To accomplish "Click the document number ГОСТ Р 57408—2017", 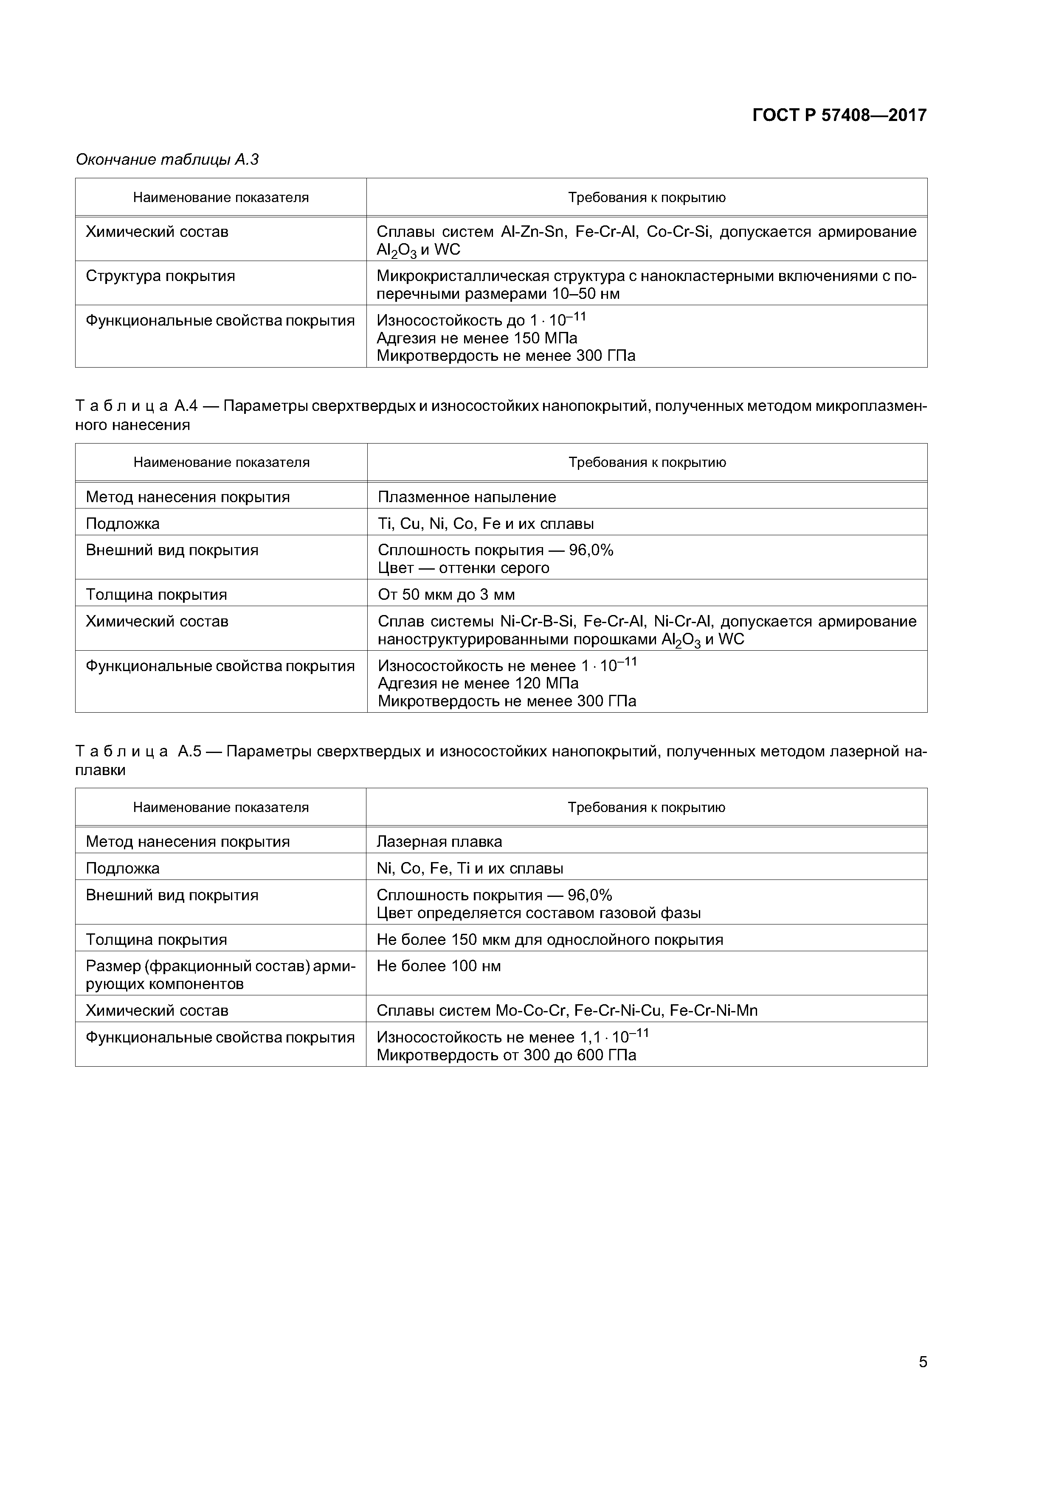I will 839,115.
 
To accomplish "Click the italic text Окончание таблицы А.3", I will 167,160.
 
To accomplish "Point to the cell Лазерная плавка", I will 439,842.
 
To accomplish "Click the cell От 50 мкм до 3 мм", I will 446,595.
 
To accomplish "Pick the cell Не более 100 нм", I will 439,966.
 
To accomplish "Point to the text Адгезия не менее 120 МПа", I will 478,683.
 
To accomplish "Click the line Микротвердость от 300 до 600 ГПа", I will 506,1055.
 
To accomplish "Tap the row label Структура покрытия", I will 160,276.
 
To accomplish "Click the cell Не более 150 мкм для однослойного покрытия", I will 549,940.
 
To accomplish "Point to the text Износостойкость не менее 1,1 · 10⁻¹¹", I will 512,1037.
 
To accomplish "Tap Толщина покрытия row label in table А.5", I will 156,940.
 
